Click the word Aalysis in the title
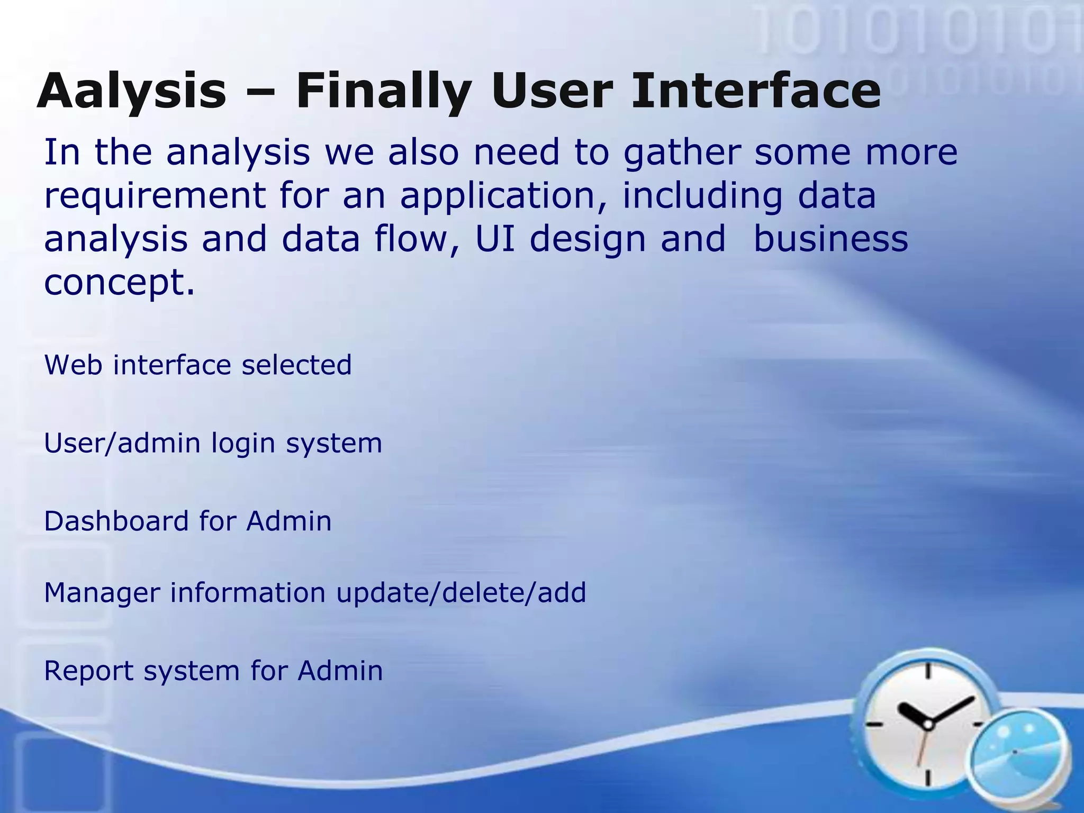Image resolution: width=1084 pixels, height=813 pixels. [132, 91]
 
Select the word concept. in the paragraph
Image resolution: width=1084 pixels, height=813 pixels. [120, 283]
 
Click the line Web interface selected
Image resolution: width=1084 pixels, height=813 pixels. [198, 365]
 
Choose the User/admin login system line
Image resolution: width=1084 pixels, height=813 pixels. [213, 444]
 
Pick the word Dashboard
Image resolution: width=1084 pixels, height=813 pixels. [116, 521]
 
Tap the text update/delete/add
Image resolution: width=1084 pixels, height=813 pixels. [461, 593]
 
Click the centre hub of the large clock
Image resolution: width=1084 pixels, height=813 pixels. [927, 724]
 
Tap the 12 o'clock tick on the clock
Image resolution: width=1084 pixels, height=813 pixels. [928, 671]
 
